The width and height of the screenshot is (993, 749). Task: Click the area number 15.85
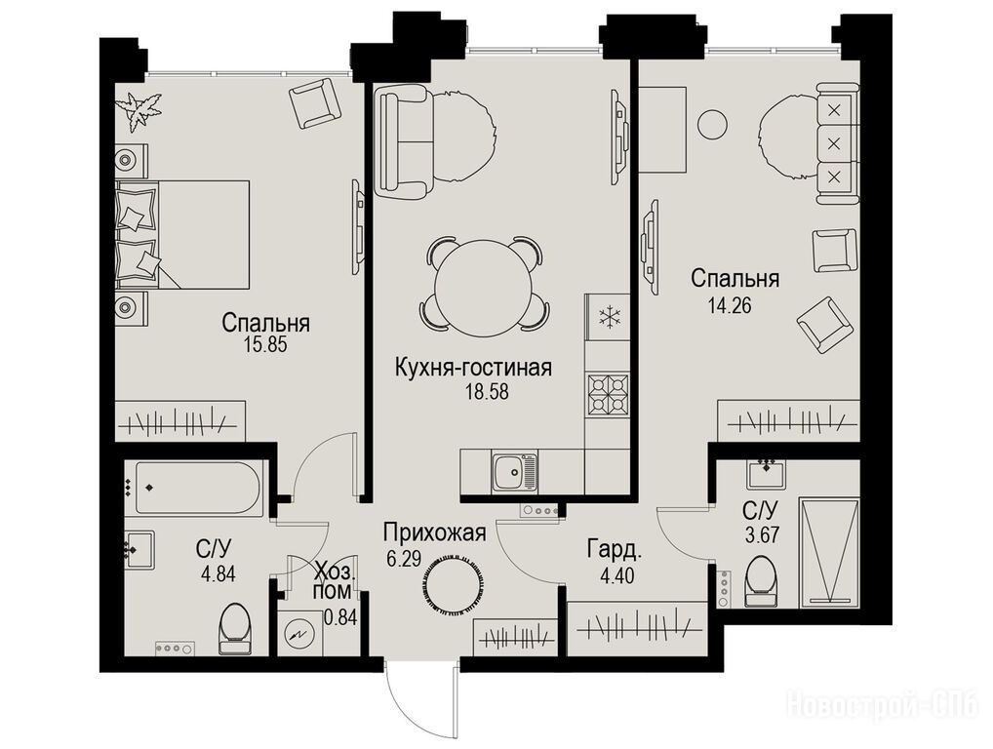pyautogui.click(x=265, y=344)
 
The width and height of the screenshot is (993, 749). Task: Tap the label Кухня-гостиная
pyautogui.click(x=473, y=368)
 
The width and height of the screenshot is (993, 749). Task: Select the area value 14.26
pyautogui.click(x=730, y=306)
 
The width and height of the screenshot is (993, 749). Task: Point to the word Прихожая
pyautogui.click(x=434, y=533)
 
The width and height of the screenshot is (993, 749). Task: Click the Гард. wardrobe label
pyautogui.click(x=615, y=550)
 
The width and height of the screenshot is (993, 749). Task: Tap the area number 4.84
pyautogui.click(x=218, y=574)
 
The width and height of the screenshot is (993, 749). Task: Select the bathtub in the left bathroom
pyautogui.click(x=198, y=487)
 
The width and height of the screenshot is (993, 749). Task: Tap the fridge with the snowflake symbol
pyautogui.click(x=608, y=316)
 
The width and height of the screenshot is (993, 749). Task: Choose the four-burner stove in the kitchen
pyautogui.click(x=608, y=394)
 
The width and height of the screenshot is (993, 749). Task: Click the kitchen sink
pyautogui.click(x=514, y=472)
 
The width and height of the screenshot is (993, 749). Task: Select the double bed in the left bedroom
pyautogui.click(x=182, y=234)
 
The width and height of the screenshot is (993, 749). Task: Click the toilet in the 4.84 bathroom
pyautogui.click(x=235, y=627)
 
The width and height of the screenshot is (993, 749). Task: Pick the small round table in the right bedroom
pyautogui.click(x=713, y=123)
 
